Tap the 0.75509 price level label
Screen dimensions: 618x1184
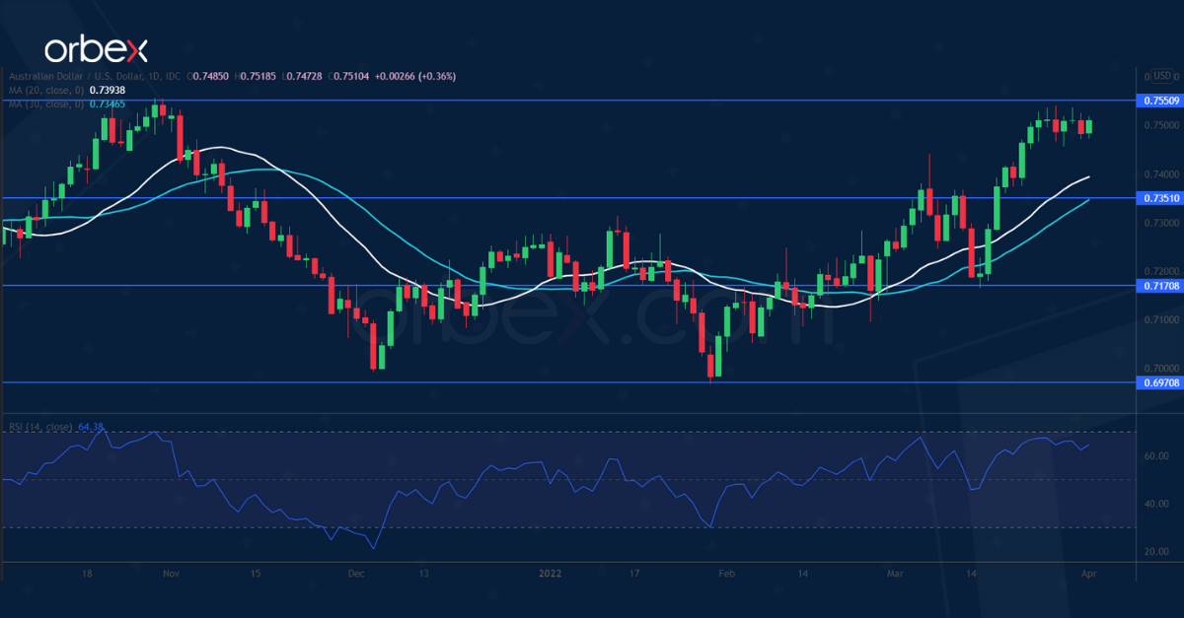tap(1160, 101)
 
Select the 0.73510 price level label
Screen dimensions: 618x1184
tap(1160, 198)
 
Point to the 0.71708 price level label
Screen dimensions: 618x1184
tap(1160, 286)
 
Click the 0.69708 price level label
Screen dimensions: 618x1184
tap(1160, 382)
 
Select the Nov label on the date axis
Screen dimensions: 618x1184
tap(171, 573)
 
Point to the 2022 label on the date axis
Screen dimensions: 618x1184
tap(549, 573)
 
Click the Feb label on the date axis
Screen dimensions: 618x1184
tap(727, 573)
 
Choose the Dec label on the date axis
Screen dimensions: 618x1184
tap(357, 573)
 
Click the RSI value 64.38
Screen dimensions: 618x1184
tap(91, 427)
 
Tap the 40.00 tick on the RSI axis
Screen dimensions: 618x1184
tap(1156, 504)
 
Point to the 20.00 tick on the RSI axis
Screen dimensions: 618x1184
tap(1156, 551)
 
